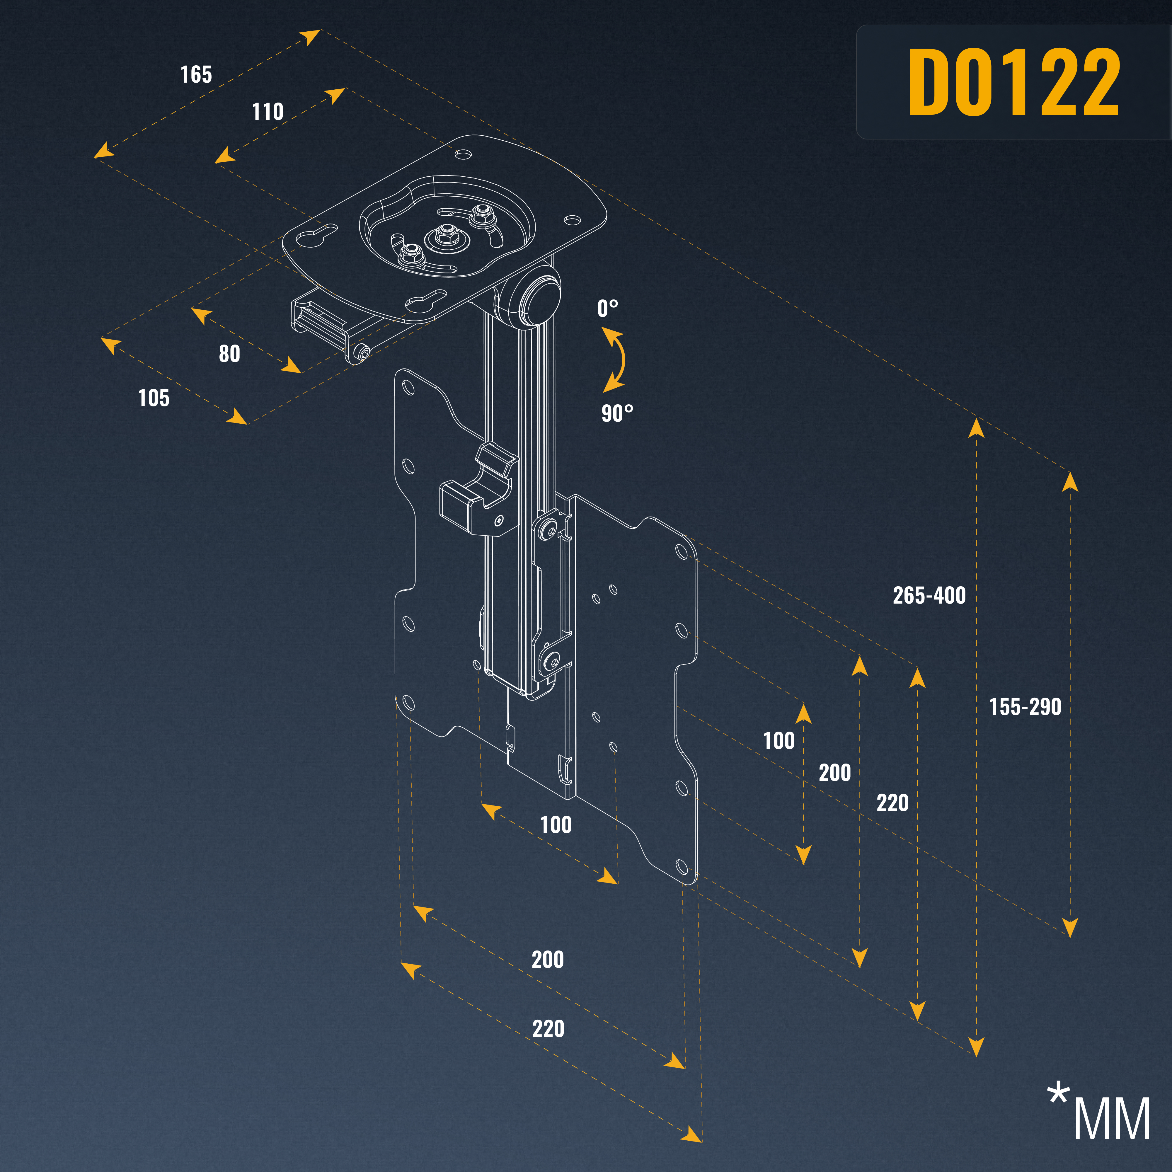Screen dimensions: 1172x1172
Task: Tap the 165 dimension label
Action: click(196, 75)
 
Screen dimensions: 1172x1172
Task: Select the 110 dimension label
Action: click(268, 112)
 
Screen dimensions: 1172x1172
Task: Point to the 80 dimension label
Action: click(229, 354)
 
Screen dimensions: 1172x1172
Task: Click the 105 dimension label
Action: click(154, 398)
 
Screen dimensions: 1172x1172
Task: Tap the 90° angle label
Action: click(617, 413)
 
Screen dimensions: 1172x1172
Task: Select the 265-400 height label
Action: click(929, 595)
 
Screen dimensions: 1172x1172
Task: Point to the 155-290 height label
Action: click(1025, 707)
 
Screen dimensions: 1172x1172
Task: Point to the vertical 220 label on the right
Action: click(892, 803)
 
